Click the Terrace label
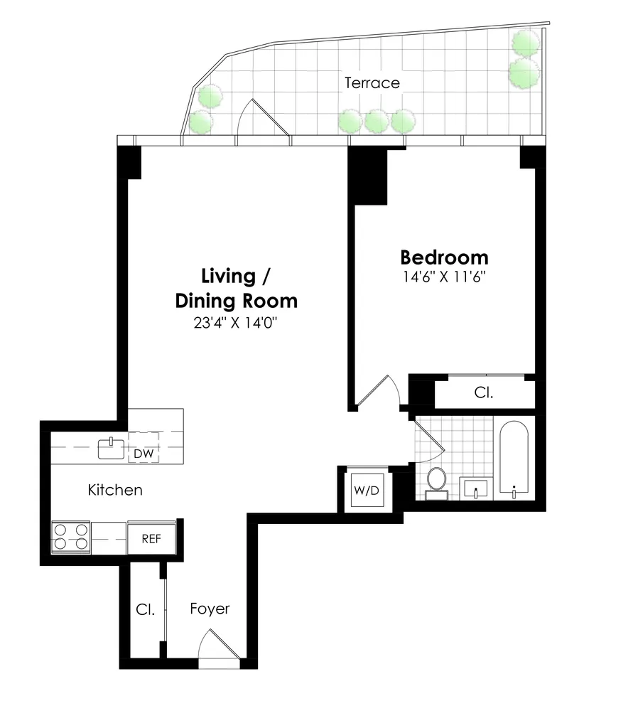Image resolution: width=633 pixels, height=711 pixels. click(x=372, y=83)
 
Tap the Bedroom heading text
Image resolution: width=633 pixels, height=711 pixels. click(x=444, y=257)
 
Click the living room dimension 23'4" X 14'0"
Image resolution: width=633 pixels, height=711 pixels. click(x=236, y=323)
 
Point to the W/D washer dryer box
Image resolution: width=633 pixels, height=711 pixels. click(x=365, y=490)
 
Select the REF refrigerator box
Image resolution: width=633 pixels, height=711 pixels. click(x=151, y=538)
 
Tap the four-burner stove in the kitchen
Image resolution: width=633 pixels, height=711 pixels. click(x=71, y=536)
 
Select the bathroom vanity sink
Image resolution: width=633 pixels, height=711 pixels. click(x=475, y=488)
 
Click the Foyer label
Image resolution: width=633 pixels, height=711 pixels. click(x=210, y=609)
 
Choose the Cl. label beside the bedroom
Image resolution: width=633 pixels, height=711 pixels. click(x=484, y=392)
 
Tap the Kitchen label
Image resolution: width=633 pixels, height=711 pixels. click(x=115, y=490)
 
